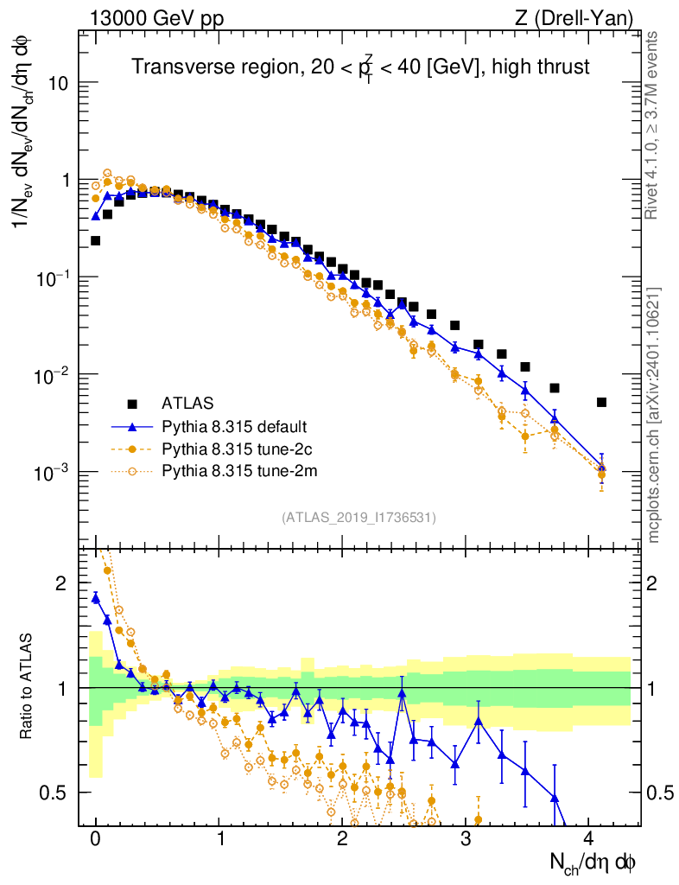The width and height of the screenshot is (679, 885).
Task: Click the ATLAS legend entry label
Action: tap(187, 403)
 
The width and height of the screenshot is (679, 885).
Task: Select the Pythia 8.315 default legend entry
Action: tap(234, 427)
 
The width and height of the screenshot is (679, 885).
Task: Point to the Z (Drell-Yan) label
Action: tap(582, 17)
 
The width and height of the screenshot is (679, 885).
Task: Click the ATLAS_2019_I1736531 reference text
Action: tap(359, 518)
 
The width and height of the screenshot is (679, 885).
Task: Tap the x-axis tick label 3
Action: tap(466, 838)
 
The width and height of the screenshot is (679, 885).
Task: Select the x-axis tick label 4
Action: tap(589, 838)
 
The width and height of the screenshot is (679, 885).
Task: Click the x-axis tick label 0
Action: tap(96, 838)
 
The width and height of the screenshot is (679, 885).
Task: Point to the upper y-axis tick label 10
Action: tap(57, 83)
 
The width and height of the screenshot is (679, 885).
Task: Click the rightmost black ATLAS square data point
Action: tap(601, 402)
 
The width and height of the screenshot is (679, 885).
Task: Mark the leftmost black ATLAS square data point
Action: tap(96, 240)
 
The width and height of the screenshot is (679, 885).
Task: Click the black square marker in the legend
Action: tap(132, 404)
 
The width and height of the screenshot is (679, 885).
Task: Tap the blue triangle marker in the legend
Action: tap(132, 426)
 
